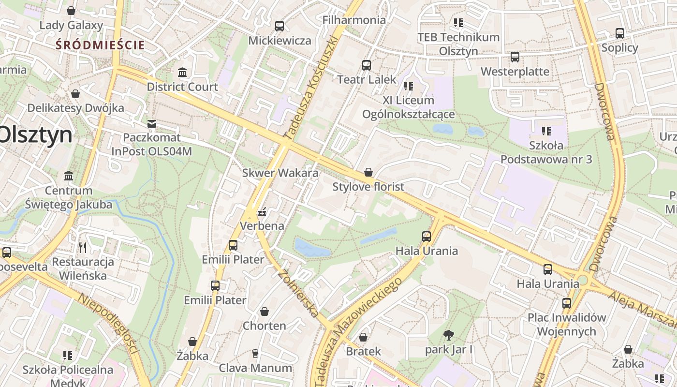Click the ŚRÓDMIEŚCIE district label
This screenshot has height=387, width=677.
pos(100,45)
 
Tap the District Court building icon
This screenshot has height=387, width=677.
pos(182,73)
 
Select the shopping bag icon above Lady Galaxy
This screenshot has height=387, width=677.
pos(71,11)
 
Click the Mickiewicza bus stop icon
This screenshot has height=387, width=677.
pos(279,26)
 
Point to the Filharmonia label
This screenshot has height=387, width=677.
pos(354,20)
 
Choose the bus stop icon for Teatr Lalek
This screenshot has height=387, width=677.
pos(366,65)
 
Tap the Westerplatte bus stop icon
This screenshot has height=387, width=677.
pos(515,57)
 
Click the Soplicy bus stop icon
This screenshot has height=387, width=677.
pos(619,33)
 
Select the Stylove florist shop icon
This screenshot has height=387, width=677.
pos(368,172)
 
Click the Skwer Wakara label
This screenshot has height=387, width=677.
pos(280,173)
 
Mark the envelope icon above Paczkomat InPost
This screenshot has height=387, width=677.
pos(152,123)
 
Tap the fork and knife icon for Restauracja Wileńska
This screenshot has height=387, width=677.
pos(83,248)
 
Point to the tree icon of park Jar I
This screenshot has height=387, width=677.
pos(448,335)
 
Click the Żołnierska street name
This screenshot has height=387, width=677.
pos(298,293)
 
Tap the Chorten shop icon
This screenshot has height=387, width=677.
pos(264,312)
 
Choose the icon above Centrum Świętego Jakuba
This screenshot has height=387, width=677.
pos(69,176)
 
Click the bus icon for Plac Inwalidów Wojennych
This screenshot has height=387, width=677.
pos(566,303)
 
